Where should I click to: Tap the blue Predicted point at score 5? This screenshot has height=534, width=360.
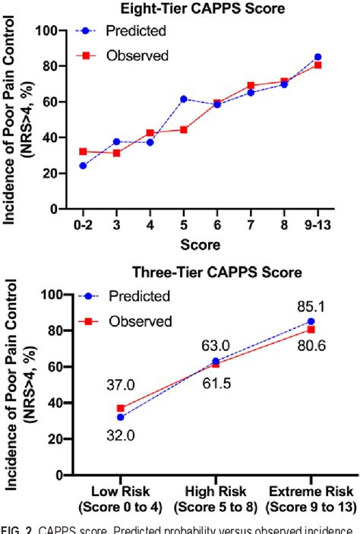[183, 99]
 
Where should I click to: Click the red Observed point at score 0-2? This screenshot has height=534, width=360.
[83, 151]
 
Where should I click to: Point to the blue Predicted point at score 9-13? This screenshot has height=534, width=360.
[317, 57]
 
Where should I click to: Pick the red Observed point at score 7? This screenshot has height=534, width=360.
[251, 86]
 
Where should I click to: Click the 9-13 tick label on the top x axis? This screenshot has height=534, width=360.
[317, 226]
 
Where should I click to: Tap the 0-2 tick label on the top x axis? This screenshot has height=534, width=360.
[83, 226]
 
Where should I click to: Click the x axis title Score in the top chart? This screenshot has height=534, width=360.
[200, 245]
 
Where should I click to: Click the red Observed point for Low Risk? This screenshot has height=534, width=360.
[120, 408]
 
